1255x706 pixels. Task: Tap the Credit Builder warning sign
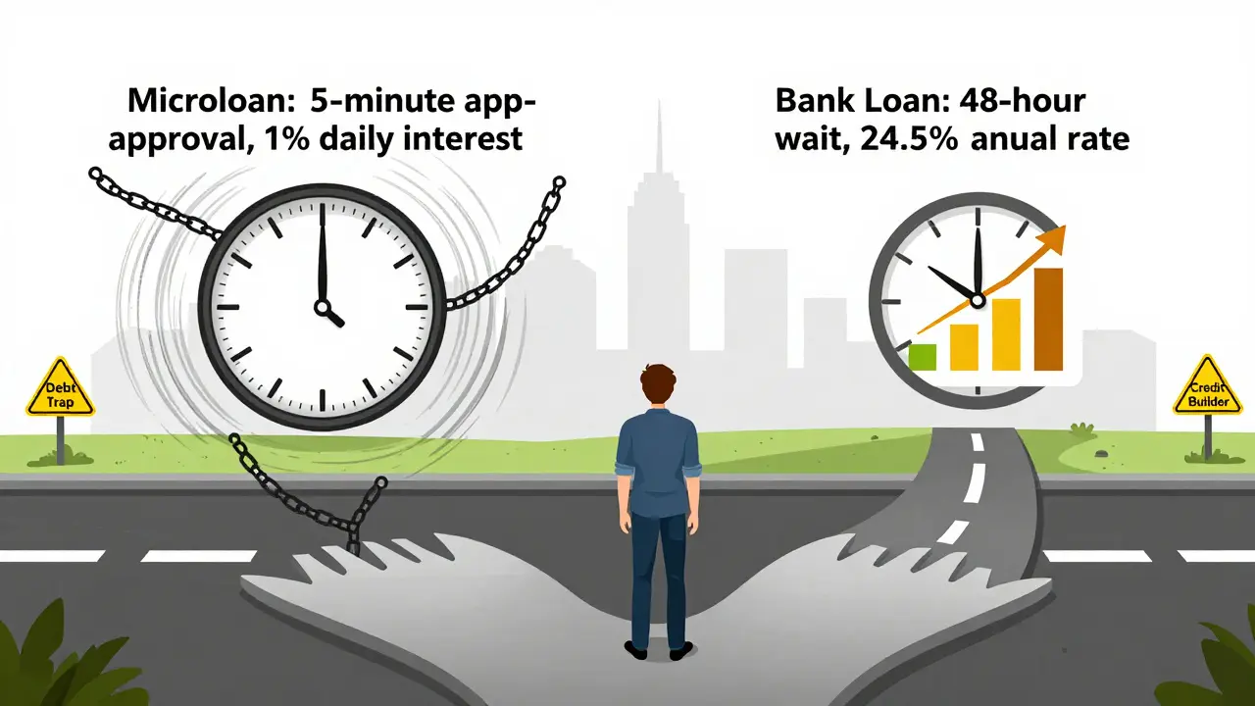1208,385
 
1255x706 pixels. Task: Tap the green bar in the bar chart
923,357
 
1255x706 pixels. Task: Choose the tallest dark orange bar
1048,320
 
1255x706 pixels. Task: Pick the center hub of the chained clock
323,307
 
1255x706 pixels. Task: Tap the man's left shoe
636,650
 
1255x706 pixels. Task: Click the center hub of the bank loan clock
978,301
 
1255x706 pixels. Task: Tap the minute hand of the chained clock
323,252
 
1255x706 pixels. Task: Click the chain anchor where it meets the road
353,543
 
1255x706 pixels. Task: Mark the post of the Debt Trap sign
61,440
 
